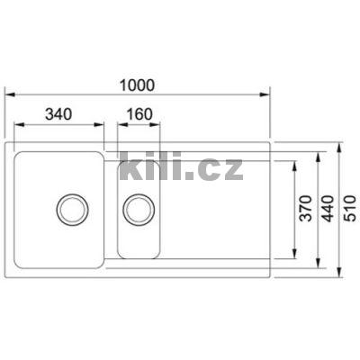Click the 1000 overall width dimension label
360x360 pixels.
137,85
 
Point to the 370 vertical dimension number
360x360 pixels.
305,209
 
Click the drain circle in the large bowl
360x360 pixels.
70,209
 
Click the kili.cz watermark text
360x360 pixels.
180,166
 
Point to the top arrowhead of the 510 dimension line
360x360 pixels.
340,142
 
